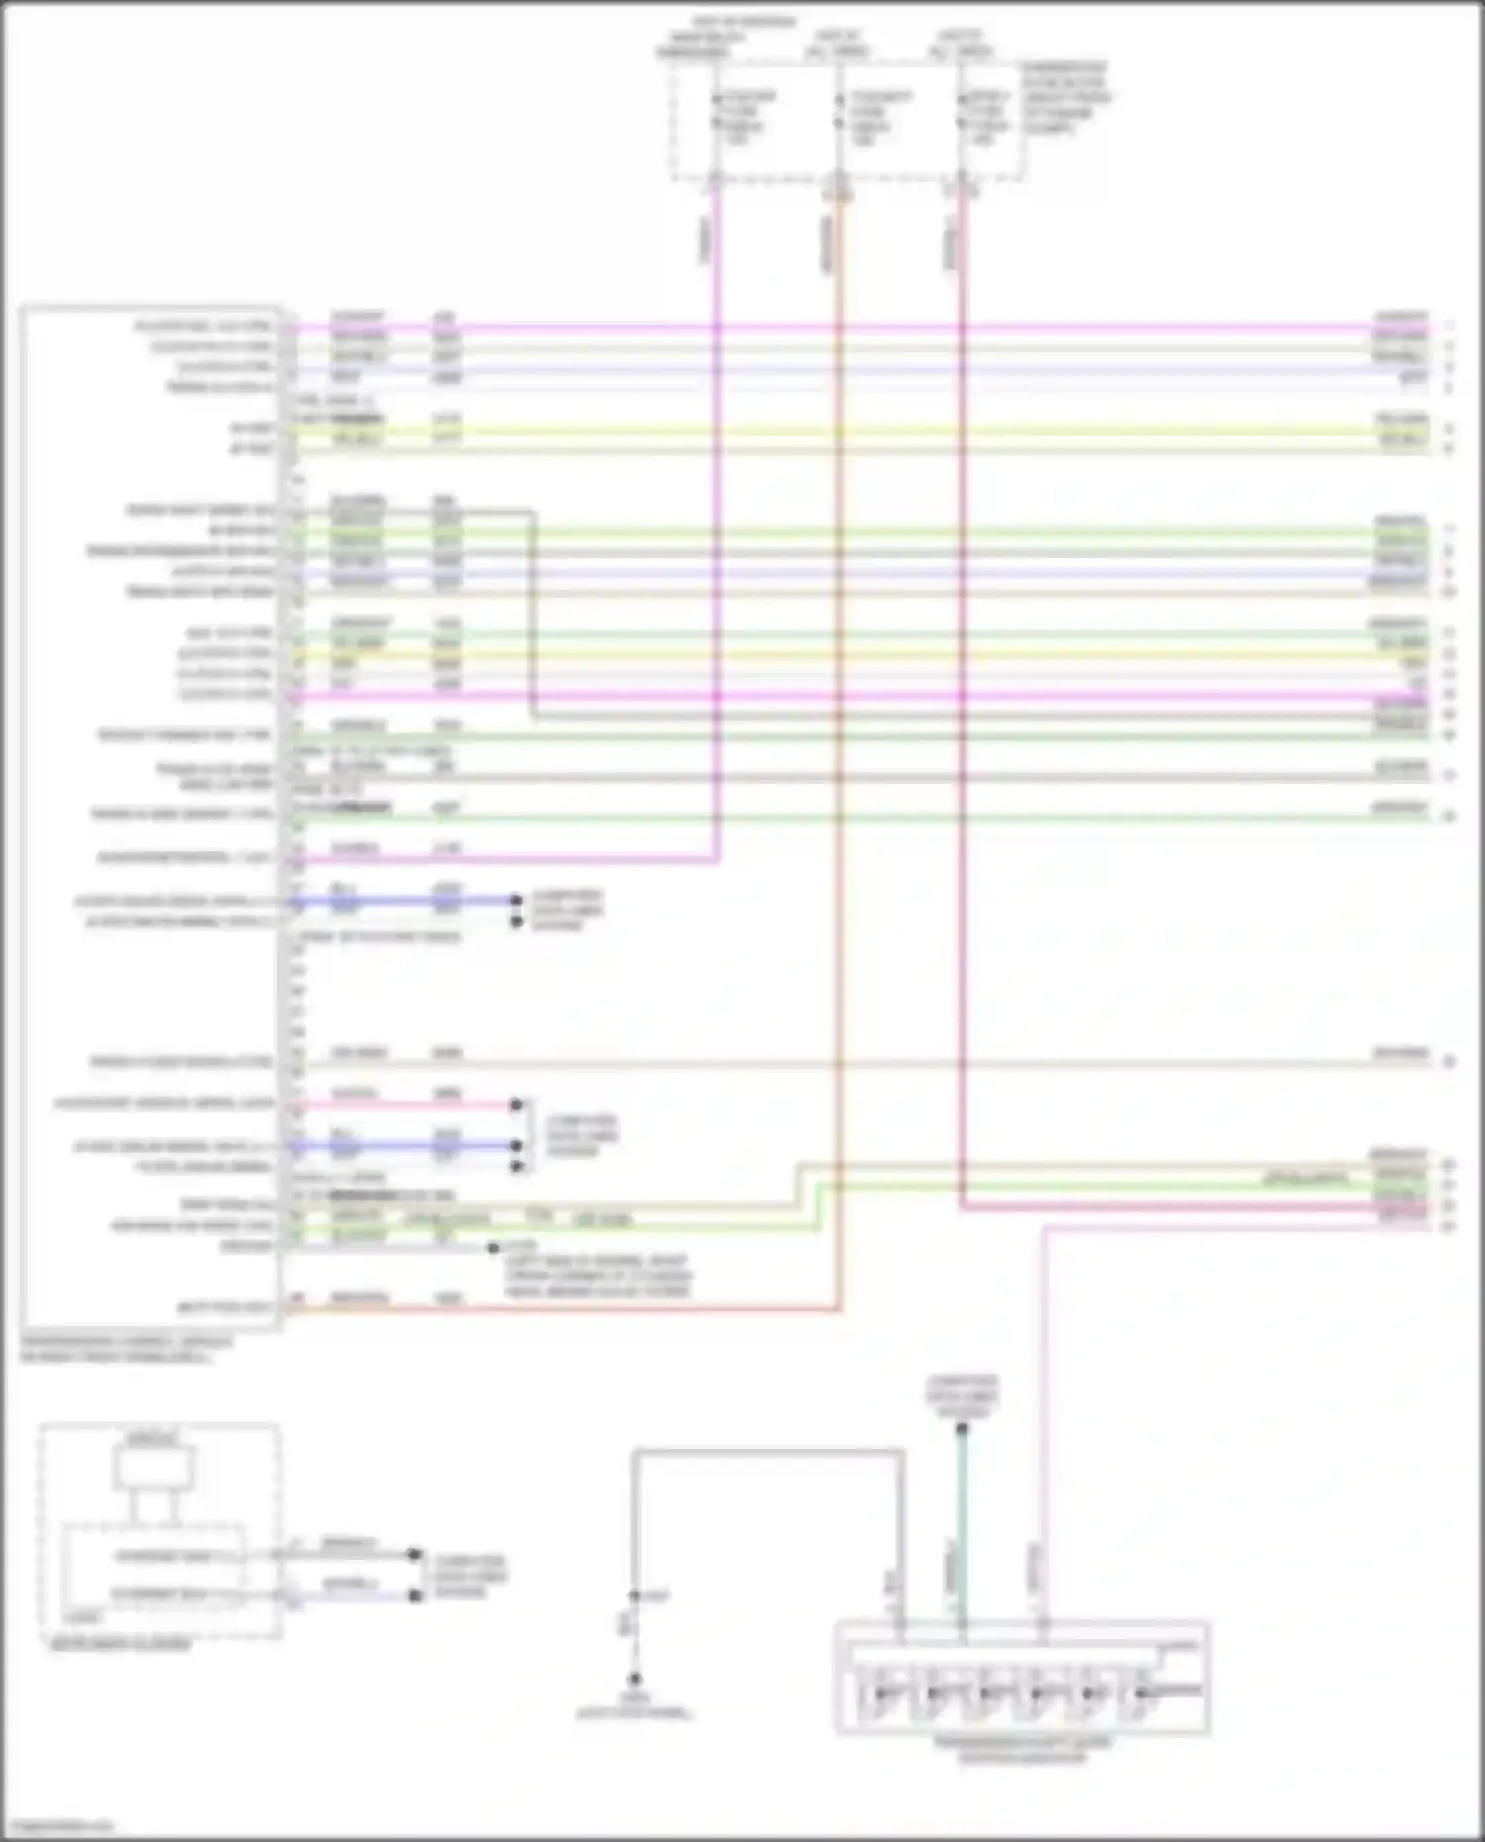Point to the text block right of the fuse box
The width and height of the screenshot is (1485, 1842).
pos(1065,98)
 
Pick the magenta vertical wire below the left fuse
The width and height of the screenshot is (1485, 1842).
pos(717,594)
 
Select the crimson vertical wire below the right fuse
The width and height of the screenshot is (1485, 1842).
pos(961,792)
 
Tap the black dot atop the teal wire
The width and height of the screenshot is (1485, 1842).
pos(961,1428)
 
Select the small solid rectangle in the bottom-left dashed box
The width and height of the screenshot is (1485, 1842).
pos(154,1468)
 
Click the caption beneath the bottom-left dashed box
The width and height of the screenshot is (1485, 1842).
pos(120,1645)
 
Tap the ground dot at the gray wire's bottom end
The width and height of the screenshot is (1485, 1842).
pos(635,1680)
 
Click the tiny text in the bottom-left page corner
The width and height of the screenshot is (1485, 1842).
pos(57,1824)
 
